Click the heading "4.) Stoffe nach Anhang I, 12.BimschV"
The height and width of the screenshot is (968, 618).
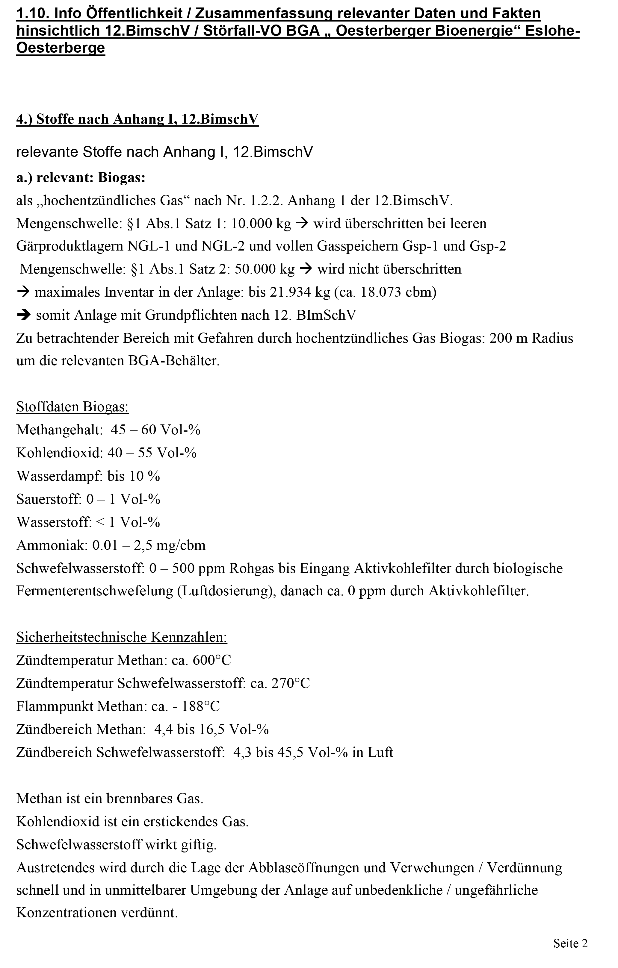[137, 119]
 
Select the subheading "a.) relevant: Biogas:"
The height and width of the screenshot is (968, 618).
[81, 177]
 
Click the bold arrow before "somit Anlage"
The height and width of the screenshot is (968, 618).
[24, 315]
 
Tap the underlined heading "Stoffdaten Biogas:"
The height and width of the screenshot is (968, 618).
[72, 407]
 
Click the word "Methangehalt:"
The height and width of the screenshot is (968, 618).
[60, 430]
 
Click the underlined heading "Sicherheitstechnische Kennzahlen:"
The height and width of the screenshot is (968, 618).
[122, 637]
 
